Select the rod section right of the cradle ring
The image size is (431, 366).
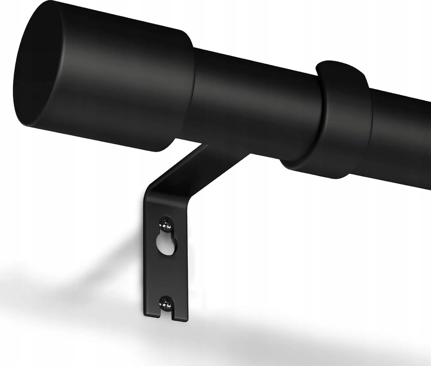pyautogui.click(x=397, y=135)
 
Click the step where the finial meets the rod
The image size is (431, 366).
pyautogui.click(x=190, y=97)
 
